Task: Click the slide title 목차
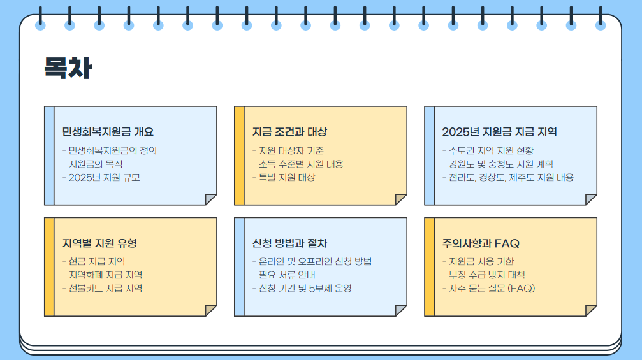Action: [67, 68]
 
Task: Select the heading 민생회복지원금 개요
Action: [108, 132]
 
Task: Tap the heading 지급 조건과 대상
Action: [289, 132]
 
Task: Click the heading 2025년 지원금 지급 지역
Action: [499, 132]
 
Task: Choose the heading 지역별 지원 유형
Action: [99, 243]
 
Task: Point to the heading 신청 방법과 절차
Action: [289, 243]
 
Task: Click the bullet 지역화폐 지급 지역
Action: [105, 275]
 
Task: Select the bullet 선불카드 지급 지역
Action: [105, 288]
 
